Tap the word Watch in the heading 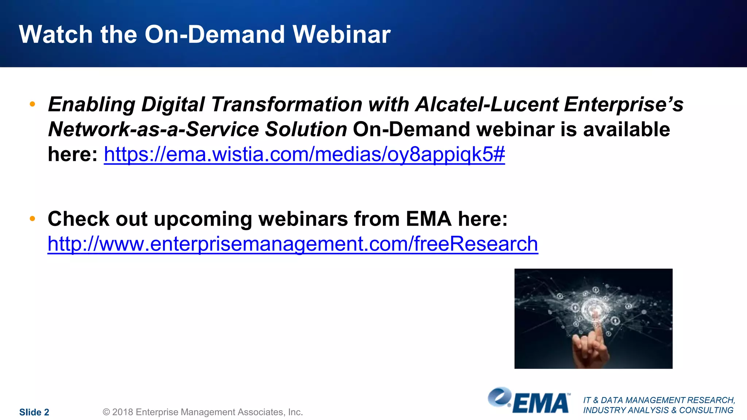pyautogui.click(x=55, y=35)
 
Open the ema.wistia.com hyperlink pyautogui.click(x=304, y=154)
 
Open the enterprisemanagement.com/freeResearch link pyautogui.click(x=293, y=244)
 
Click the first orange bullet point pyautogui.click(x=32, y=104)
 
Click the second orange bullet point pyautogui.click(x=32, y=219)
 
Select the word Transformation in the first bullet pyautogui.click(x=286, y=105)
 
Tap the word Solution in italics pyautogui.click(x=306, y=129)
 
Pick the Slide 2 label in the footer pyautogui.click(x=34, y=412)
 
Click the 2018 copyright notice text pyautogui.click(x=203, y=412)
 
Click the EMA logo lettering pyautogui.click(x=541, y=403)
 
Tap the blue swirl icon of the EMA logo pyautogui.click(x=499, y=397)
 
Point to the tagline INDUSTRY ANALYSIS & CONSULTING pyautogui.click(x=658, y=410)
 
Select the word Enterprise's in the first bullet pyautogui.click(x=623, y=105)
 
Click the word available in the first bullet pyautogui.click(x=626, y=129)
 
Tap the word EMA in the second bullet pyautogui.click(x=429, y=219)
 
